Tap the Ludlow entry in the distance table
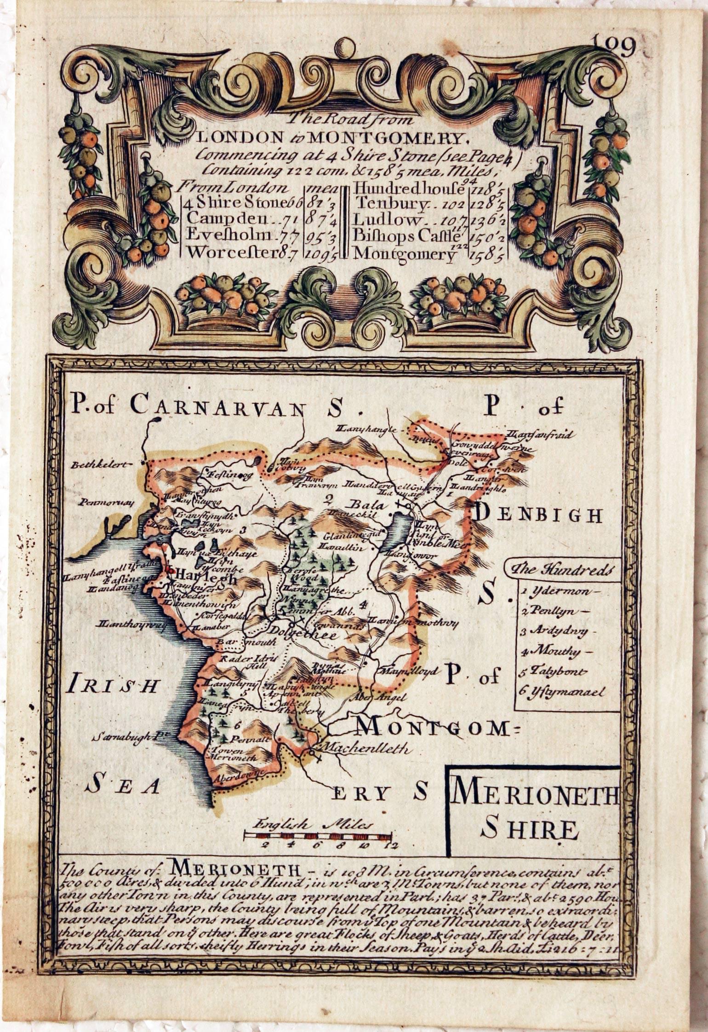pos(388,220)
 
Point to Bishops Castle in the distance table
pos(406,236)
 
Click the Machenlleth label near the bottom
pos(367,748)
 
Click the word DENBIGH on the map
pos(537,516)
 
